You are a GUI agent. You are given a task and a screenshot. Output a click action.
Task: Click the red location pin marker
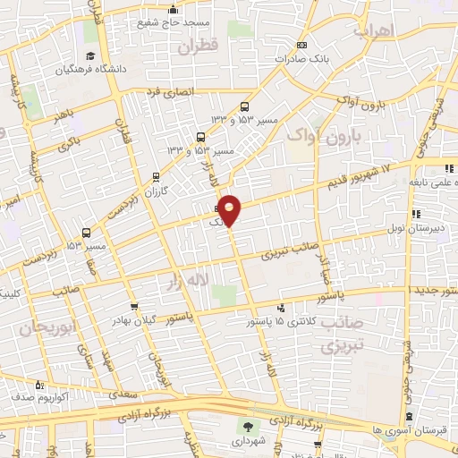(230, 208)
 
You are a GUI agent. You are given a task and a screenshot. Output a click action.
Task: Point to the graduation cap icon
(64, 69)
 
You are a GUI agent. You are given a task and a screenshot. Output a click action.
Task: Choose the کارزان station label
(157, 191)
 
